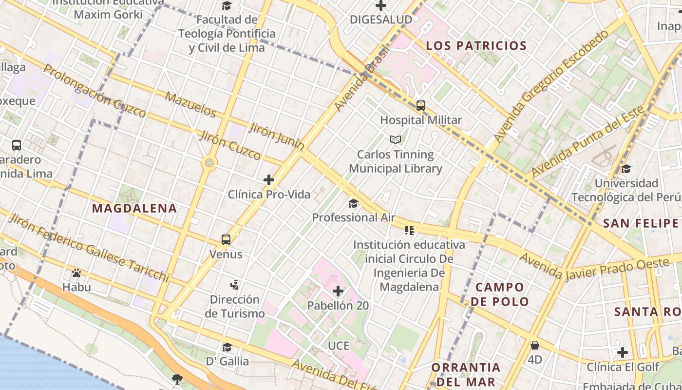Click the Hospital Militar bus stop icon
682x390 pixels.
click(421, 105)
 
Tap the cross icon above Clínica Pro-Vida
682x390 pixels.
click(269, 180)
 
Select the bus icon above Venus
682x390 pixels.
click(226, 239)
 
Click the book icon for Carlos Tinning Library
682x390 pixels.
click(396, 140)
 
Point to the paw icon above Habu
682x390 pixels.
click(76, 273)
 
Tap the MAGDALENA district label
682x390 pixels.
click(134, 208)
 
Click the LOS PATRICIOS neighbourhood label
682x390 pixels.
click(476, 46)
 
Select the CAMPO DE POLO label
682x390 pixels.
click(500, 294)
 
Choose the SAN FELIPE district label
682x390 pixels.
click(641, 223)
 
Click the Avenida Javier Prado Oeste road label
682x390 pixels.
click(594, 269)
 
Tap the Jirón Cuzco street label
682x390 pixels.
click(229, 145)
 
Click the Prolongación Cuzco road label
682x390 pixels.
click(95, 91)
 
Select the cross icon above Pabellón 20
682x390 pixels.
click(338, 292)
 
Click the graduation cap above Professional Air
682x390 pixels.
click(353, 203)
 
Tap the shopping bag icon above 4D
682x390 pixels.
click(535, 345)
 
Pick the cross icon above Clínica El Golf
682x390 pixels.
click(623, 352)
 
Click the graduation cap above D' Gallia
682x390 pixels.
click(227, 347)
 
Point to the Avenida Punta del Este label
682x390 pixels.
click(587, 141)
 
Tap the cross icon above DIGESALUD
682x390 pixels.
click(381, 6)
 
